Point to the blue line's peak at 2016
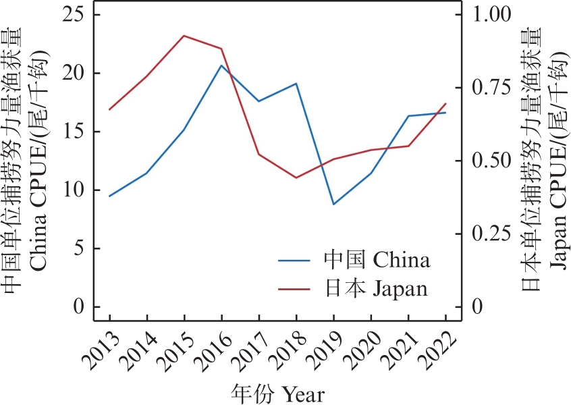pyautogui.click(x=221, y=65)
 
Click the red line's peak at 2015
pyautogui.click(x=184, y=36)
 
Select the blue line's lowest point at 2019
pyautogui.click(x=333, y=204)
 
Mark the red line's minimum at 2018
pyautogui.click(x=296, y=178)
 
